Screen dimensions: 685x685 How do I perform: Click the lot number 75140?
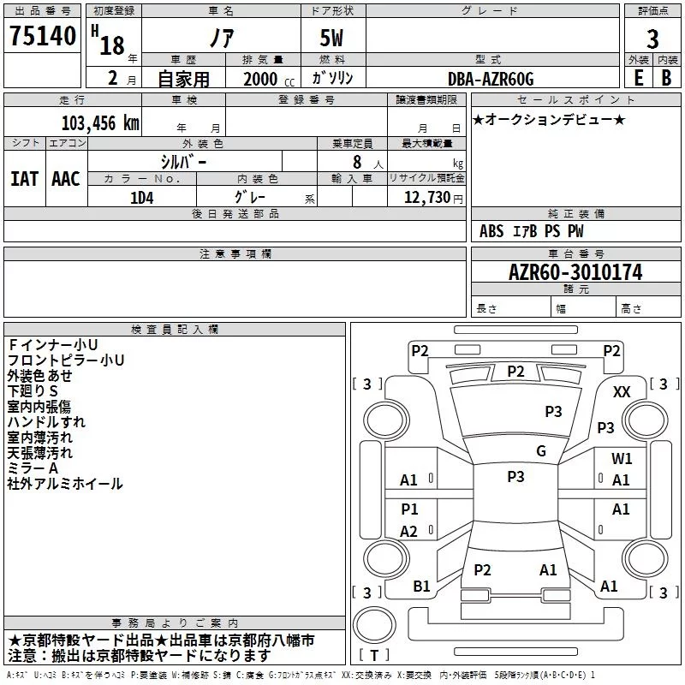coord(42,35)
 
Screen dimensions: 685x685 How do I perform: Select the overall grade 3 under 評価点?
coord(652,39)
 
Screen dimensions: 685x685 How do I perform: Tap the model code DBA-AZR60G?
coord(491,79)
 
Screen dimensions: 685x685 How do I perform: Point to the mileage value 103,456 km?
coord(100,123)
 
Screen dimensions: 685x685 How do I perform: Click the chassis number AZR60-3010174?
coord(575,272)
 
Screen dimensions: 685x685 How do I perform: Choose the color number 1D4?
coord(141,198)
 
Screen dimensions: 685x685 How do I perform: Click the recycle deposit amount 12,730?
coord(427,198)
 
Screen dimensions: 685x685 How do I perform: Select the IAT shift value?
coord(25,179)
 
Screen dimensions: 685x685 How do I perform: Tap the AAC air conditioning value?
coord(66,179)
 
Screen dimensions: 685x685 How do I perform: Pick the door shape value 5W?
coord(331,38)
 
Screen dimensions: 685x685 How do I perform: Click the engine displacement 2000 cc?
coord(269,79)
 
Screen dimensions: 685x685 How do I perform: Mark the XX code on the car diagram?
coord(622,392)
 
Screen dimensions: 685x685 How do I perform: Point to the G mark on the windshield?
coord(541,450)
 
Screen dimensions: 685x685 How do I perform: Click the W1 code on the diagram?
coord(622,458)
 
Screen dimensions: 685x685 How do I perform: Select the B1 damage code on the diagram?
coord(421,587)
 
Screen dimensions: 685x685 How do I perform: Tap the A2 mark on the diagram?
coord(409,531)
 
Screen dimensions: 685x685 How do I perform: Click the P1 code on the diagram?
coord(409,509)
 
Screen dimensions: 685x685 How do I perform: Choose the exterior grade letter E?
coord(639,78)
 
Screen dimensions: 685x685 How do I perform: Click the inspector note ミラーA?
coord(33,468)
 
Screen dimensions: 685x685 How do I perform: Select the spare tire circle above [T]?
coord(374,624)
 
